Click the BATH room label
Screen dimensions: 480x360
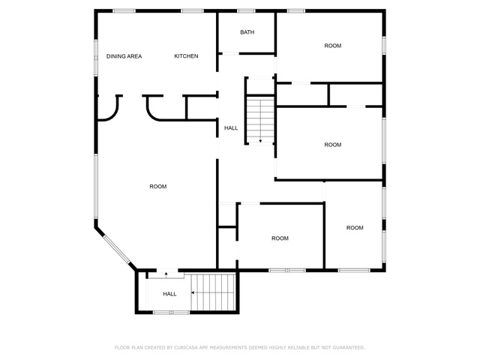[x=247, y=32]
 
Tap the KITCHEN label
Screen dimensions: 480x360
[x=186, y=56]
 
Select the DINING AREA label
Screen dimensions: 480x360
[x=124, y=56]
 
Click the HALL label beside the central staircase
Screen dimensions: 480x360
[x=231, y=128]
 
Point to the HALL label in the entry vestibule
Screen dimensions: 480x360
[x=169, y=294]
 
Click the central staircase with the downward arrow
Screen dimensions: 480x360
[x=260, y=120]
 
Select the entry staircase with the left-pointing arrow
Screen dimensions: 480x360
[x=213, y=292]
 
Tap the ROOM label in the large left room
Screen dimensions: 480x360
[x=158, y=187]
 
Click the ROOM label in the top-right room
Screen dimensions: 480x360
[x=333, y=46]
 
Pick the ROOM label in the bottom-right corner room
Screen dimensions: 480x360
[x=355, y=228]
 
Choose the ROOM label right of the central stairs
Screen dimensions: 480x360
[x=333, y=145]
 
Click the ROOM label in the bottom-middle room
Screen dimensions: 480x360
[x=280, y=238]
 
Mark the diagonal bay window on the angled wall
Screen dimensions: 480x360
[x=117, y=249]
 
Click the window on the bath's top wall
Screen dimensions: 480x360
[x=247, y=11]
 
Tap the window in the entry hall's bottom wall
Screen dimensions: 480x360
[x=172, y=312]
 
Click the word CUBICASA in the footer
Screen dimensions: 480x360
[x=186, y=347]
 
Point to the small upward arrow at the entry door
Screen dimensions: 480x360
[x=166, y=274]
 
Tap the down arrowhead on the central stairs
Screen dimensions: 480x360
[x=260, y=141]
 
